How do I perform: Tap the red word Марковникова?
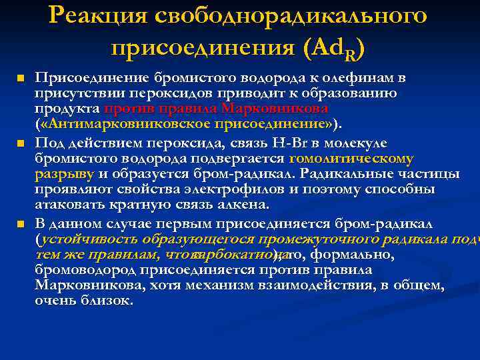click(x=275, y=109)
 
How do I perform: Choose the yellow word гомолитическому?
click(x=351, y=159)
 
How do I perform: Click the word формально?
click(x=361, y=255)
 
